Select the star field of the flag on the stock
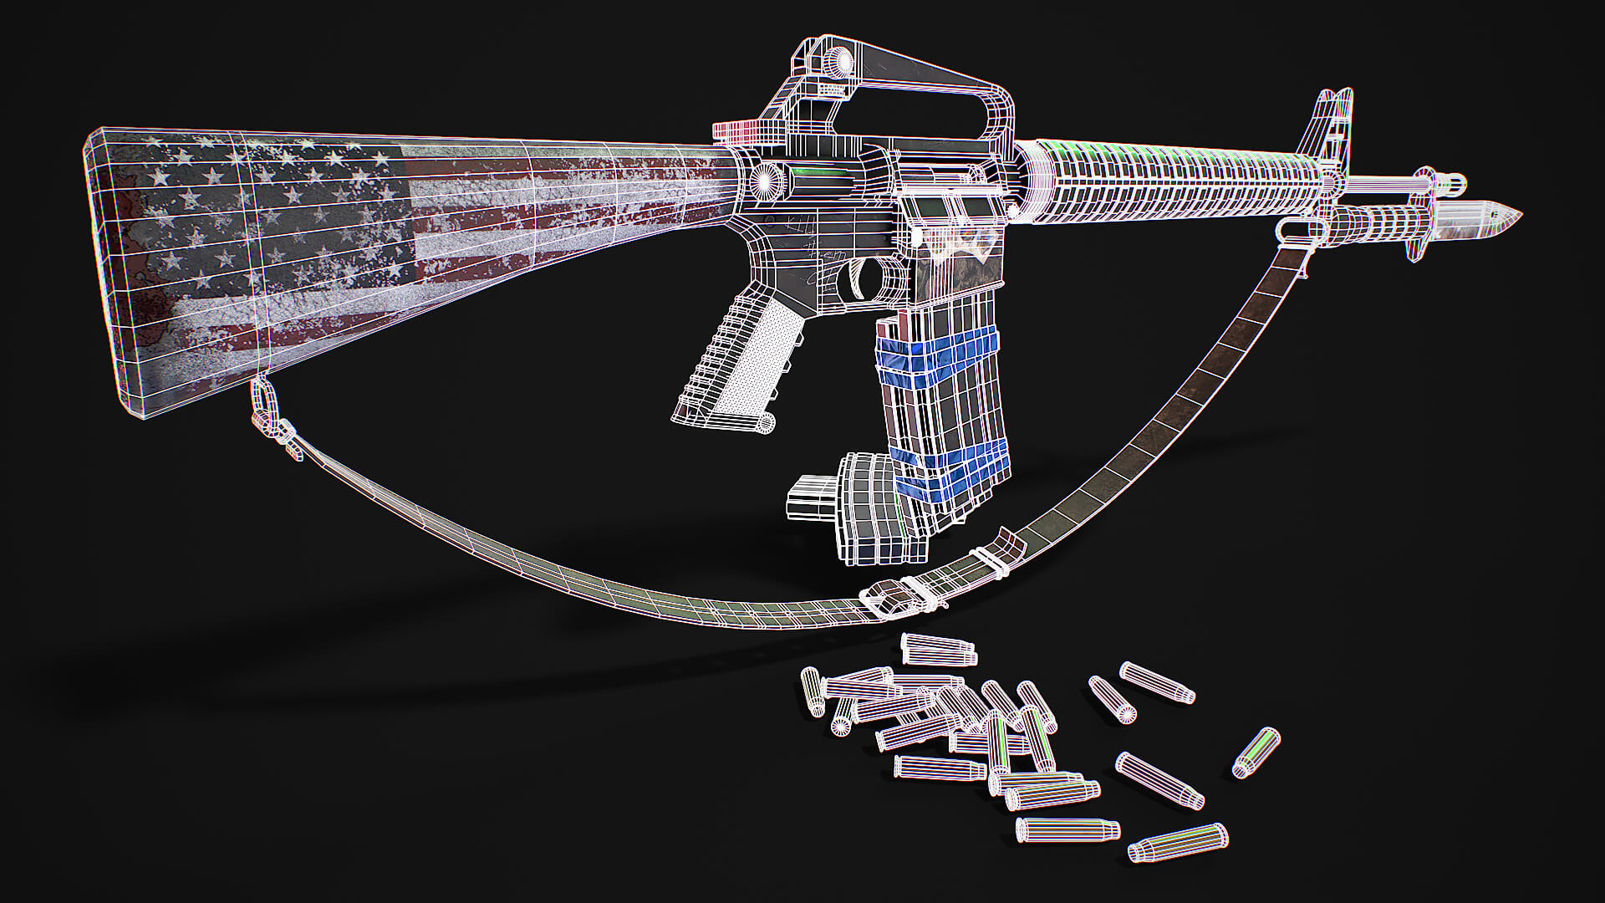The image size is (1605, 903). click(x=267, y=209)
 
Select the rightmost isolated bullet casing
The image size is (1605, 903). click(x=1256, y=752)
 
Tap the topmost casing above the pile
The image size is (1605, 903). click(x=939, y=649)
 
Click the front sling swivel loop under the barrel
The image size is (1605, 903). click(x=1292, y=229)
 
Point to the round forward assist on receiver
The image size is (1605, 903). click(x=765, y=180)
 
